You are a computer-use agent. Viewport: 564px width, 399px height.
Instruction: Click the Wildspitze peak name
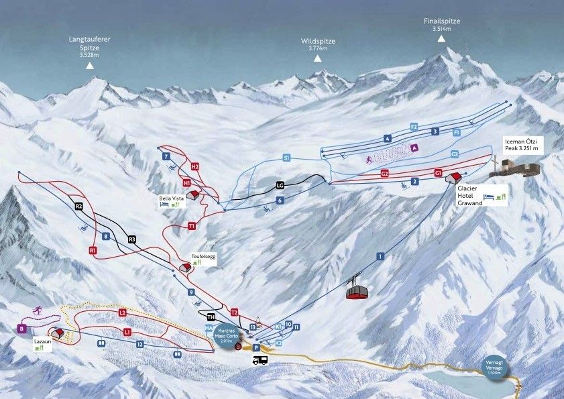click(318, 42)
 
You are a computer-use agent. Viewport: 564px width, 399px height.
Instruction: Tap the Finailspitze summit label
click(441, 21)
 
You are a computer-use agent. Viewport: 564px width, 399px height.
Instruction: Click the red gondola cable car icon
click(357, 291)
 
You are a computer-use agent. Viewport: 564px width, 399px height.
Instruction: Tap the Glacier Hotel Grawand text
click(471, 196)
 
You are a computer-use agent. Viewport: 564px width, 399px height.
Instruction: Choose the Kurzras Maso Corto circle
click(226, 333)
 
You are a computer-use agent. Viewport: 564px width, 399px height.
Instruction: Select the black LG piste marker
click(280, 185)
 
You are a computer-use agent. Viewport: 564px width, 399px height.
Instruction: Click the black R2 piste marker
click(78, 206)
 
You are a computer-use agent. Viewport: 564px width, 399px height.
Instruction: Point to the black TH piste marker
click(211, 317)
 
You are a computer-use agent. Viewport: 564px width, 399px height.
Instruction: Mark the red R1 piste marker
click(93, 250)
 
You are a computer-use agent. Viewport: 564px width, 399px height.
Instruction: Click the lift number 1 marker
click(380, 256)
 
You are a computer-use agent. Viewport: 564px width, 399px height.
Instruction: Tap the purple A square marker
click(414, 148)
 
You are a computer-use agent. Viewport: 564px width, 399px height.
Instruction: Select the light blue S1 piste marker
click(286, 158)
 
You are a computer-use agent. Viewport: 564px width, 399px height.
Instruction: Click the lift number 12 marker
click(139, 344)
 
